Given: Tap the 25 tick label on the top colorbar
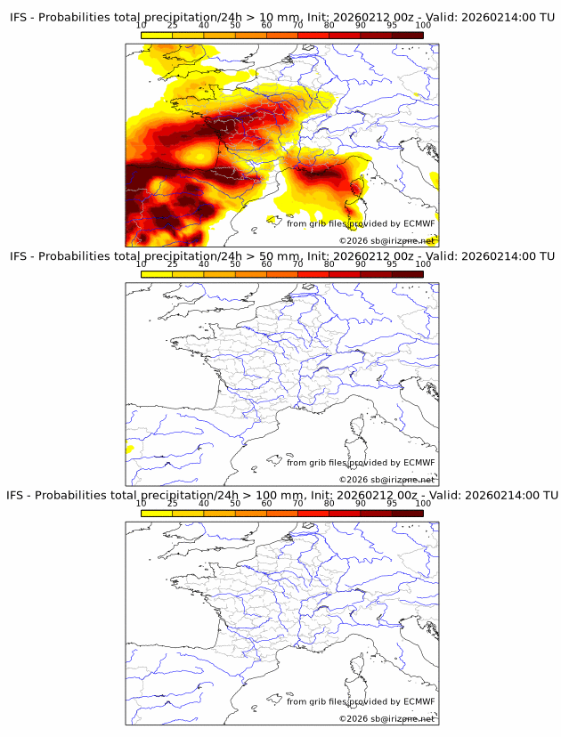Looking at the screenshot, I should (x=173, y=25).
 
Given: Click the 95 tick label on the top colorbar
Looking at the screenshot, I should (x=392, y=25).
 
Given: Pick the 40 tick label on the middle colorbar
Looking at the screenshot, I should (x=204, y=263).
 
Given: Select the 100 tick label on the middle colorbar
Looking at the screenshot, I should (x=423, y=263).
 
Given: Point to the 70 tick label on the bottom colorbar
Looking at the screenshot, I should (x=297, y=503).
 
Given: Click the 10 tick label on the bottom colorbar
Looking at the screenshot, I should (x=142, y=503).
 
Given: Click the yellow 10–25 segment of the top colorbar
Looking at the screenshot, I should (x=157, y=35).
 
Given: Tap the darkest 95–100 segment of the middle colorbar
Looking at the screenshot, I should (x=407, y=273).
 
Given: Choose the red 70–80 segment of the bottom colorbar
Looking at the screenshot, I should (x=313, y=512).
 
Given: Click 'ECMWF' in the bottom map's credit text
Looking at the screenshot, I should (x=419, y=701).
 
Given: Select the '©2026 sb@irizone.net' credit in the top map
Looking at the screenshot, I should (x=386, y=240).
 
